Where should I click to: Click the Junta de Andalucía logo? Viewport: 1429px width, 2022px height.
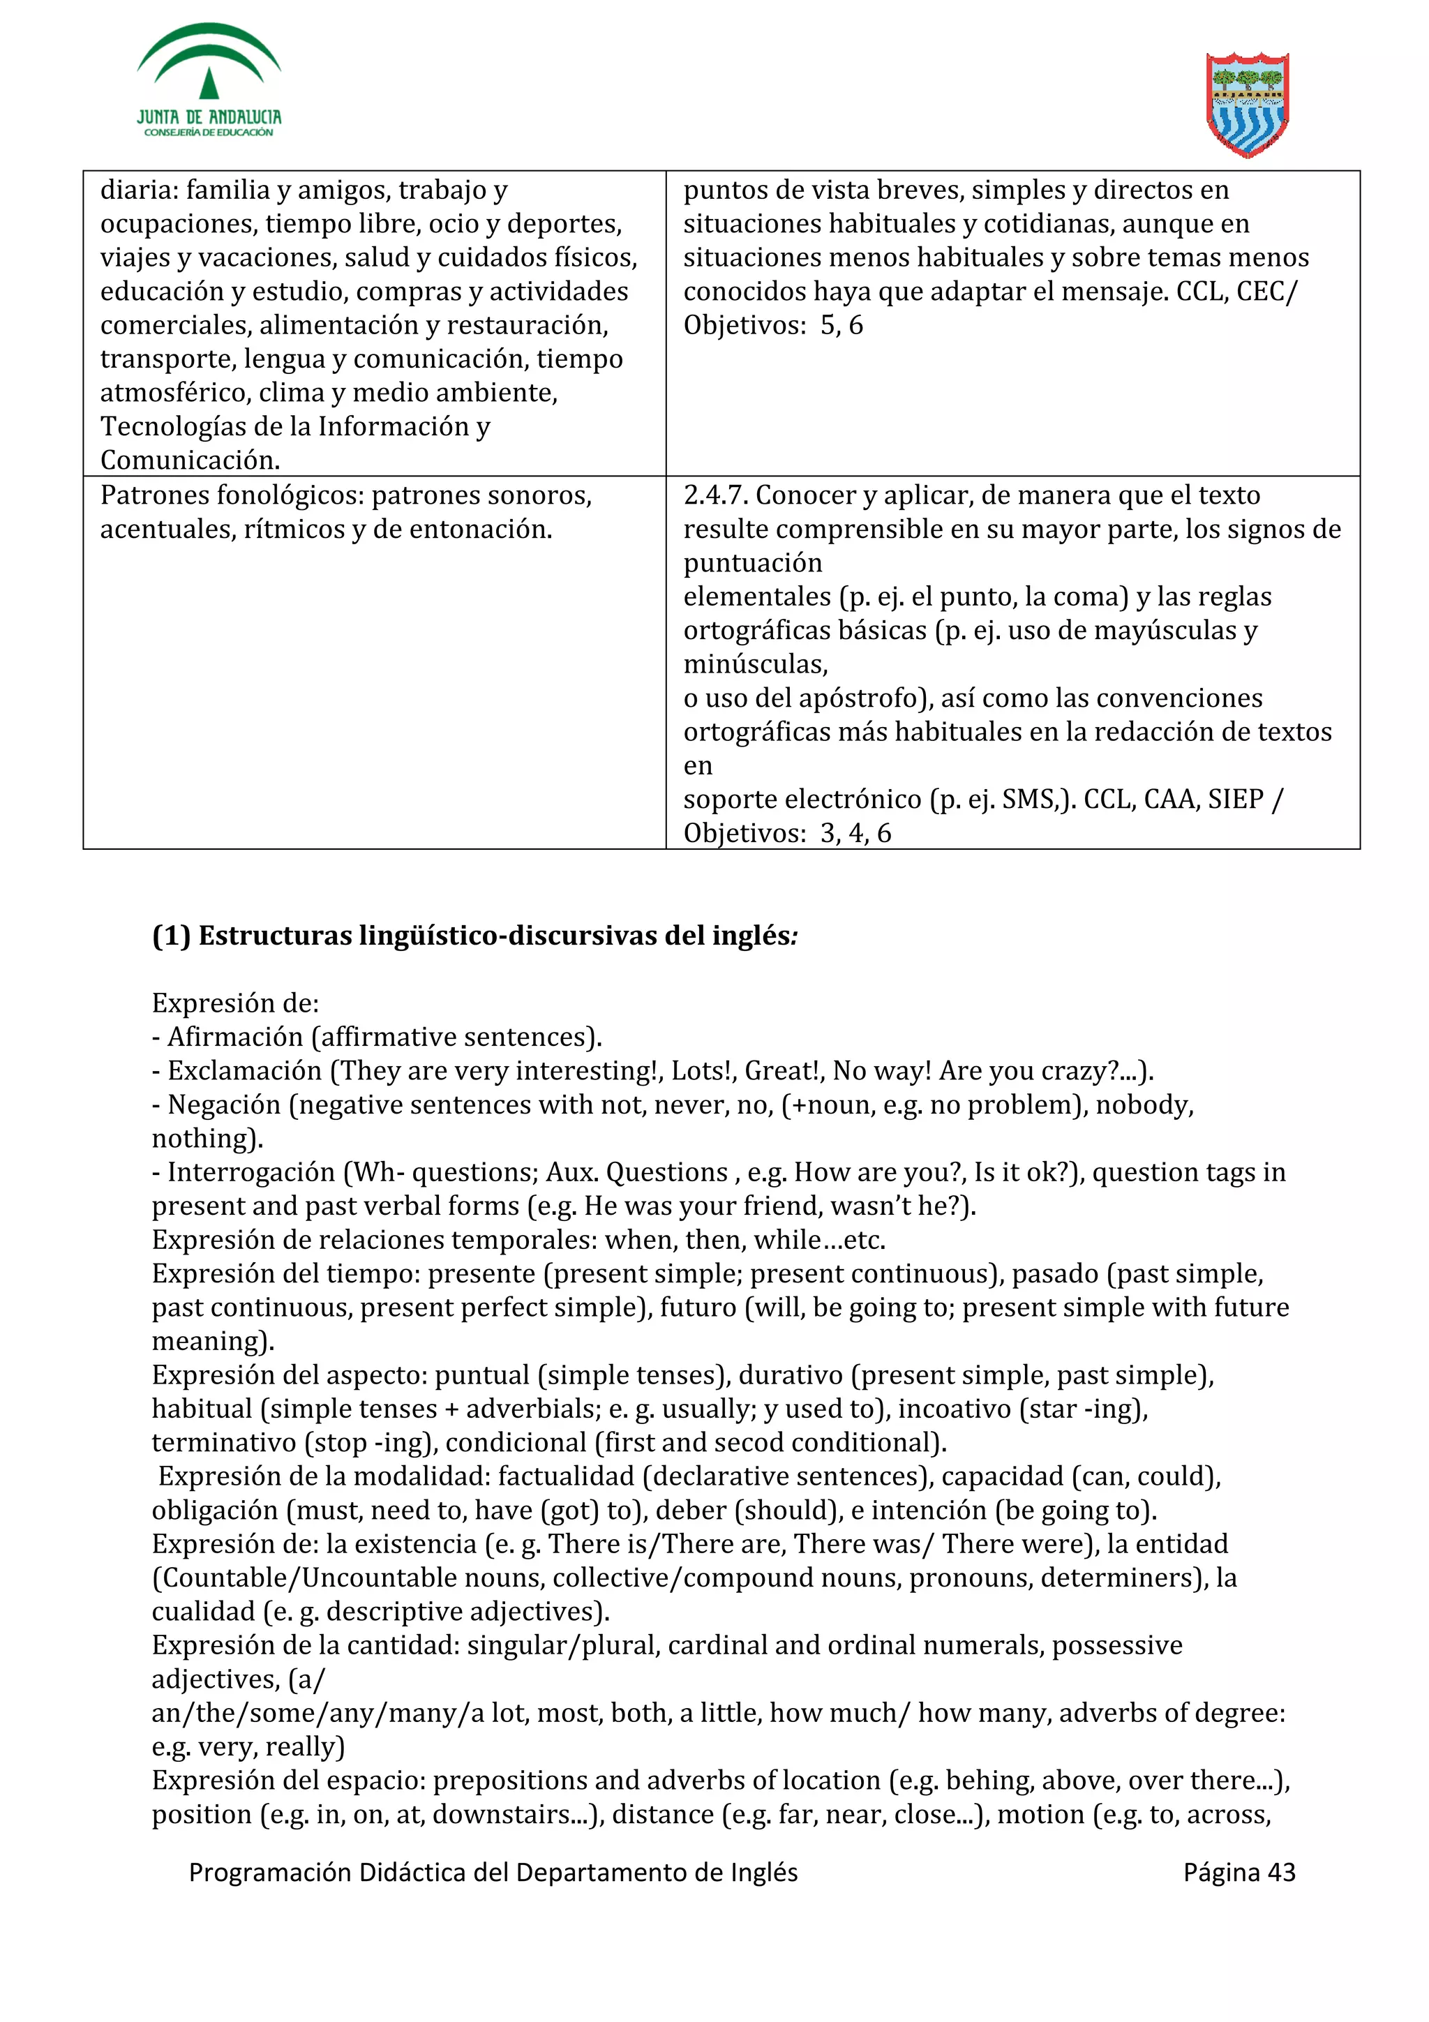click(x=209, y=81)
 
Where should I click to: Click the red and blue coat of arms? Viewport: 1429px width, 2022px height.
click(x=1247, y=104)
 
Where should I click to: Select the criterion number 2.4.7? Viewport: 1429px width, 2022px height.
click(x=715, y=496)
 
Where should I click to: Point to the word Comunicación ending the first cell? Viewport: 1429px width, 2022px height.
click(x=189, y=460)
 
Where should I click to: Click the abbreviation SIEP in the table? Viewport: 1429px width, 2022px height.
click(x=1236, y=800)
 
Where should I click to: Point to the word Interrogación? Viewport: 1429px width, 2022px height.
click(x=251, y=1173)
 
